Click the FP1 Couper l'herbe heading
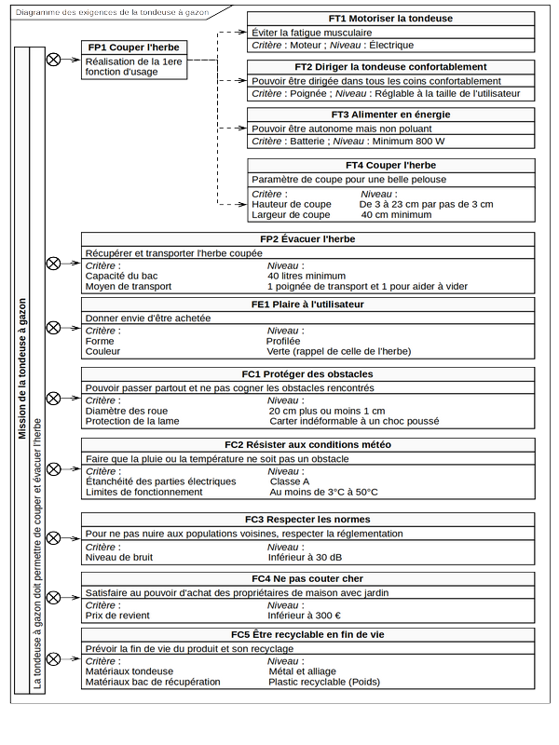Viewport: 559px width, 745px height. [133, 47]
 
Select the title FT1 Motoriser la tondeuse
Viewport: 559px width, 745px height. [391, 19]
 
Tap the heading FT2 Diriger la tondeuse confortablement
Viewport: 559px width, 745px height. [391, 67]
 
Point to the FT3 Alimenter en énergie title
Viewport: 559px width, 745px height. [391, 115]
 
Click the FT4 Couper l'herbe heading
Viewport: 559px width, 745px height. [391, 164]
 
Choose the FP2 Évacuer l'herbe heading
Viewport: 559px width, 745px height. [307, 239]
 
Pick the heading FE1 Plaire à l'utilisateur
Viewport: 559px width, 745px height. [307, 304]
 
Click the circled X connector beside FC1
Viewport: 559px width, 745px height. [54, 398]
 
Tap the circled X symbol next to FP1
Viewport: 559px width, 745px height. [54, 59]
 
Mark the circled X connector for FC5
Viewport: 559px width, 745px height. [54, 659]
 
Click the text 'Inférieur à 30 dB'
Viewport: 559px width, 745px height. [305, 558]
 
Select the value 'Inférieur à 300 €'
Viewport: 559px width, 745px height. [304, 616]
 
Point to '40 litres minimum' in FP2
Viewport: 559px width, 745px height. [307, 277]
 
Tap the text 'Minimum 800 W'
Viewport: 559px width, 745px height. [408, 142]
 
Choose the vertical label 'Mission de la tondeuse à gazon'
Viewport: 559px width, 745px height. [22, 368]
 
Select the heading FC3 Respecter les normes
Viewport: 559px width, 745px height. [307, 519]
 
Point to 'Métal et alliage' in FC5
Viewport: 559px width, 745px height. [303, 670]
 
